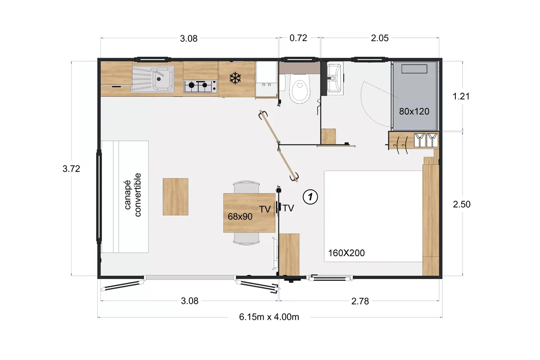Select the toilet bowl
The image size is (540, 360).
tap(300, 89)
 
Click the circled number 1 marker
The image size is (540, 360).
tap(310, 197)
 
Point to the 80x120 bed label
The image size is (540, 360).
tap(414, 112)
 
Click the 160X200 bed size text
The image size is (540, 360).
tap(346, 253)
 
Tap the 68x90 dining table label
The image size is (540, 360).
tap(240, 216)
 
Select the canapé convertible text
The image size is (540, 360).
tap(133, 195)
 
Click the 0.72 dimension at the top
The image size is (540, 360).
tap(298, 38)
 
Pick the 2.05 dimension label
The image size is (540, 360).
tap(380, 38)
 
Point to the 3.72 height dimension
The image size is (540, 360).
tap(71, 169)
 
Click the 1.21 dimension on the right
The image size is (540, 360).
tap(461, 96)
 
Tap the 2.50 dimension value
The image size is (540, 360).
tap(462, 204)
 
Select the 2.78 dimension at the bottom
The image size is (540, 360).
tap(360, 301)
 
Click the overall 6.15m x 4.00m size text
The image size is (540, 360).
tap(269, 317)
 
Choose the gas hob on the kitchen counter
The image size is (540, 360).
tap(200, 86)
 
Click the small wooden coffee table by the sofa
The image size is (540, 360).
tap(175, 197)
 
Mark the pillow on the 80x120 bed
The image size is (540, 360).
tap(414, 69)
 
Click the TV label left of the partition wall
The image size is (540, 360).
tap(265, 209)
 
